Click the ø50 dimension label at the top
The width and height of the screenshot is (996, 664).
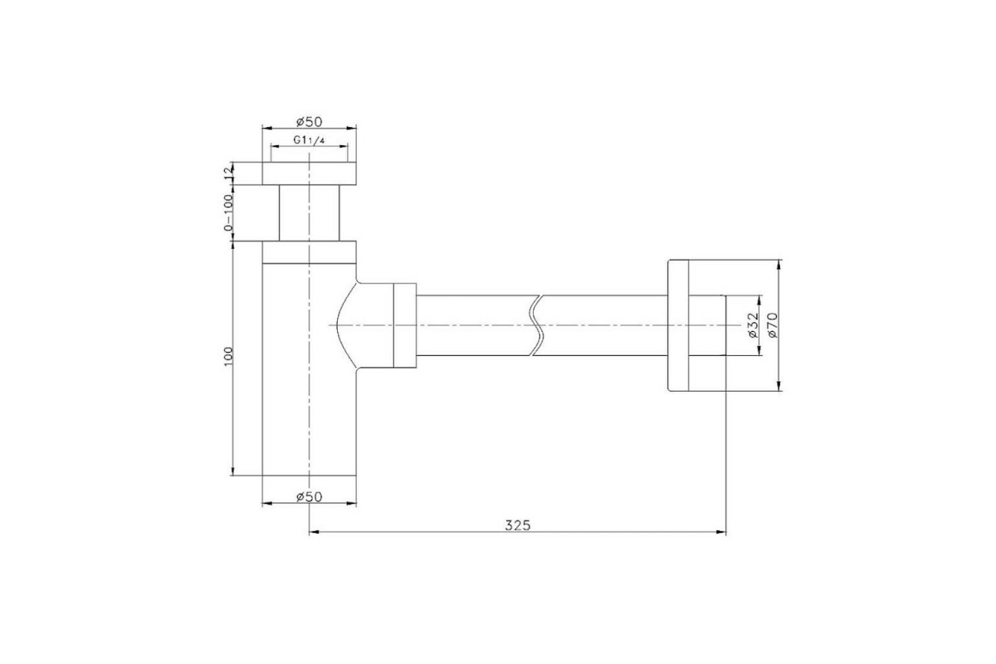click(309, 121)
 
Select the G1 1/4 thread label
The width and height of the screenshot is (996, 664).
click(309, 140)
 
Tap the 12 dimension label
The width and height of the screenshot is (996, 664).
click(228, 173)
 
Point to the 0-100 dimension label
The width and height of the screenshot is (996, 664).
click(228, 212)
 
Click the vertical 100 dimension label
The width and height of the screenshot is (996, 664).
click(228, 356)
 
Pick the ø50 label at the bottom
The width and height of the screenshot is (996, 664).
click(309, 496)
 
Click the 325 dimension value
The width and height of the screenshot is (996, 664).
click(518, 525)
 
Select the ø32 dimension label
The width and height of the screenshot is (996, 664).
click(752, 325)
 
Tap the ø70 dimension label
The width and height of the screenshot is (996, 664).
click(773, 325)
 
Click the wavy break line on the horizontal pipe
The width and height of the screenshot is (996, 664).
click(538, 325)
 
